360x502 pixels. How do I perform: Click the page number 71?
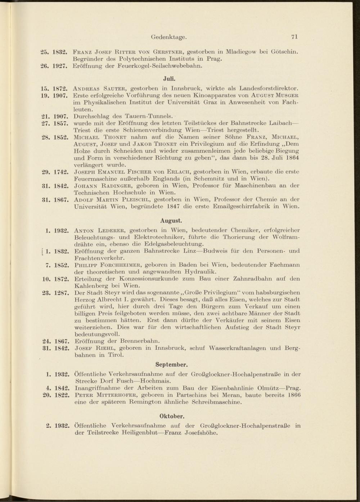coord(294,36)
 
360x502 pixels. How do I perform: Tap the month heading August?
coord(171,220)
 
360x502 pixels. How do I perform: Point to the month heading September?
coord(171,364)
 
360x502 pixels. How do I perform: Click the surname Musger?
coord(287,95)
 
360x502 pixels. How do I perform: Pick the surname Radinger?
coord(118,186)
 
